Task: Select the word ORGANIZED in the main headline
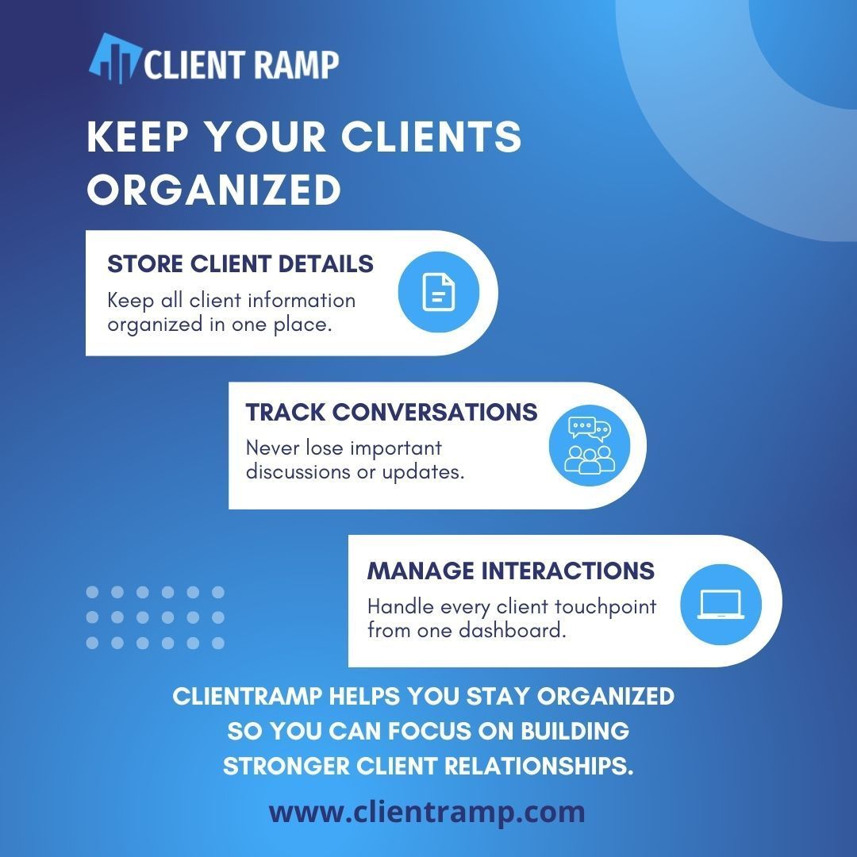(213, 190)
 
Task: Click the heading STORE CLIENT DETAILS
(240, 264)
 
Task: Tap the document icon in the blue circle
(439, 293)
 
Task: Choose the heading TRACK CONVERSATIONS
(391, 413)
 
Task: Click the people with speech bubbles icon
(590, 445)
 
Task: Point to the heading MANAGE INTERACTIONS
(511, 571)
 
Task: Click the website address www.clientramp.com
(427, 812)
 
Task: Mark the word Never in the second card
(271, 448)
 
